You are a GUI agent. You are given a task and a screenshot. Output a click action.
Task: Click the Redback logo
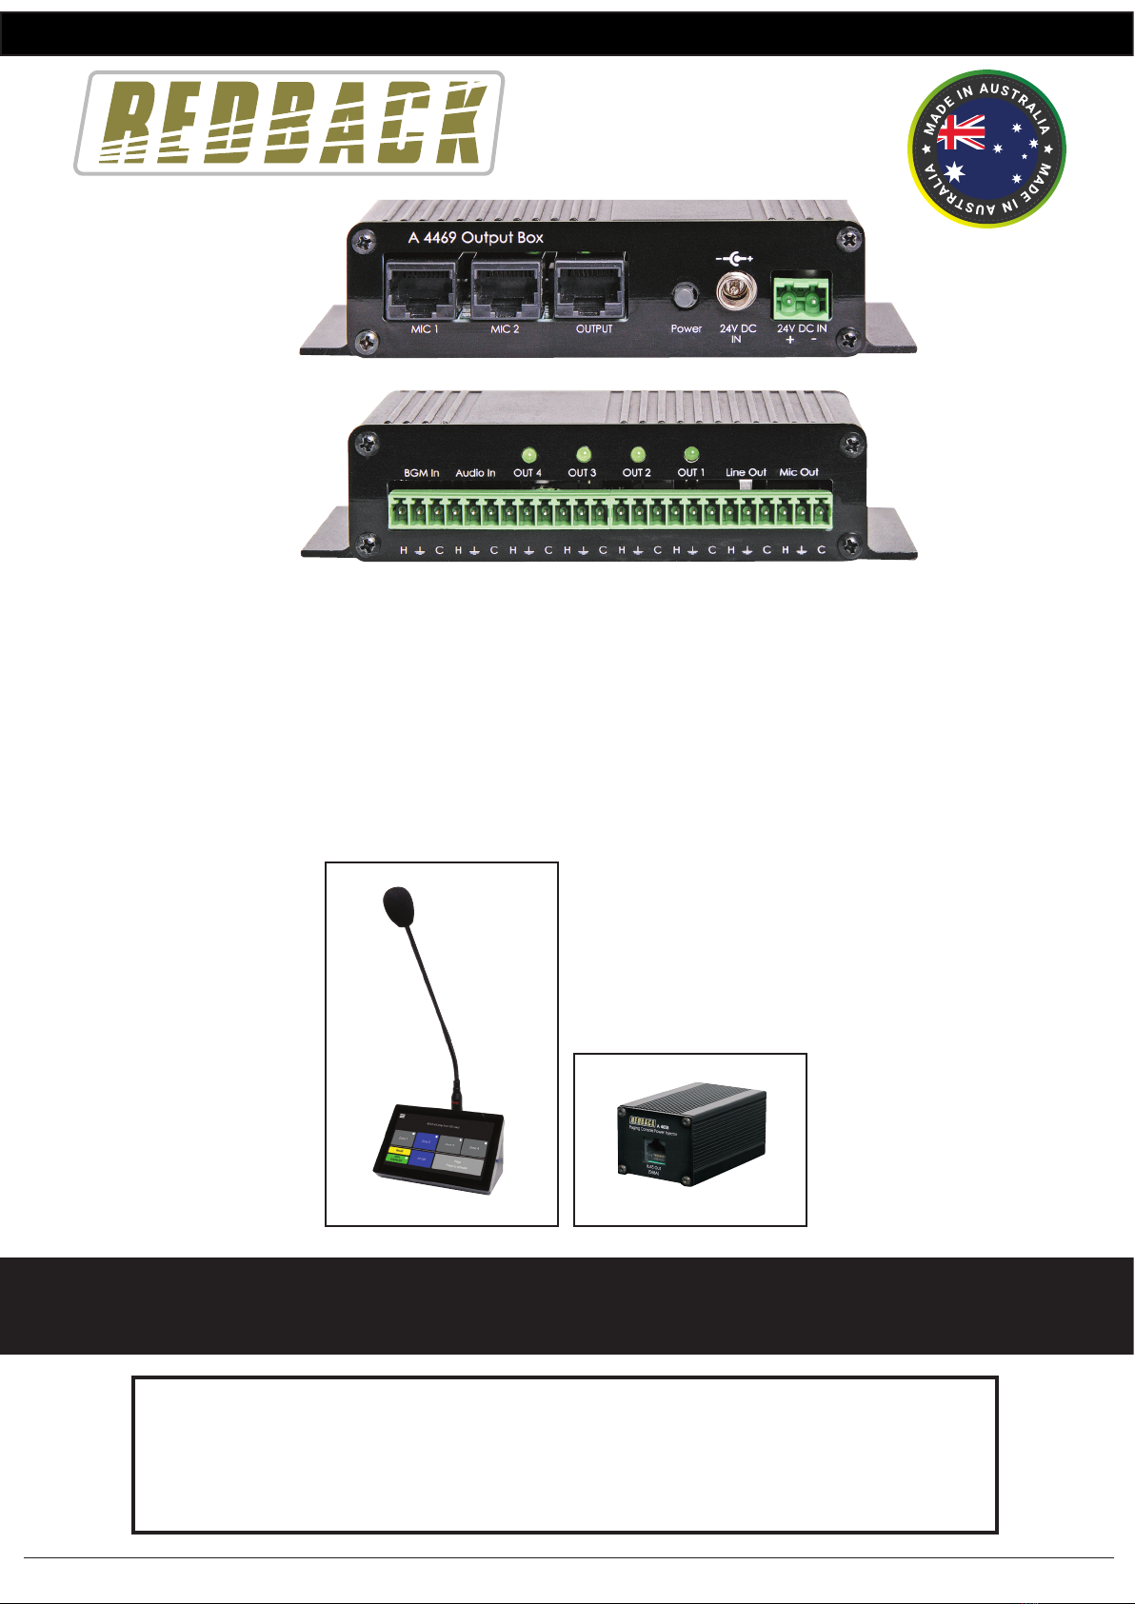tap(289, 123)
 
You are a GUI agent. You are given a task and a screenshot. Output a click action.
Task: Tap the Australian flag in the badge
tap(962, 133)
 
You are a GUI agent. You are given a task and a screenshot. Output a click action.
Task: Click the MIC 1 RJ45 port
tap(424, 287)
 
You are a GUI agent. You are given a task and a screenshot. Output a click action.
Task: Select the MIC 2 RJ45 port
tap(506, 287)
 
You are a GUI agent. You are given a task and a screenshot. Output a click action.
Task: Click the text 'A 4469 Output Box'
tap(475, 237)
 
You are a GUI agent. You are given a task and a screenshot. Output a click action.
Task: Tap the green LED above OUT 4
tap(528, 455)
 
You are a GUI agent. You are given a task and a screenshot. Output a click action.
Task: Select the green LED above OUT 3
tap(583, 455)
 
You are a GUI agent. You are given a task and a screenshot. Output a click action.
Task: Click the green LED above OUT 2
tap(637, 455)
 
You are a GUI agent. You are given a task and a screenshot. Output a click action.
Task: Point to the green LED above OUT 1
tap(691, 455)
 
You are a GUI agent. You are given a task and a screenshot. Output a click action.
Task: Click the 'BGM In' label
tap(421, 473)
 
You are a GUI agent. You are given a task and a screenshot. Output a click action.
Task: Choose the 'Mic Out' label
tap(799, 472)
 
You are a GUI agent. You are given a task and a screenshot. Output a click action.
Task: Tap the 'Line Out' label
tap(746, 472)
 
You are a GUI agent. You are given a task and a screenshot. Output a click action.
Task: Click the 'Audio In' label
tap(475, 473)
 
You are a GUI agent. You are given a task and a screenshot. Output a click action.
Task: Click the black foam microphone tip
tap(398, 905)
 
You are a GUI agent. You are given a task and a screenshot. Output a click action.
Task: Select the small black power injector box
tap(691, 1135)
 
